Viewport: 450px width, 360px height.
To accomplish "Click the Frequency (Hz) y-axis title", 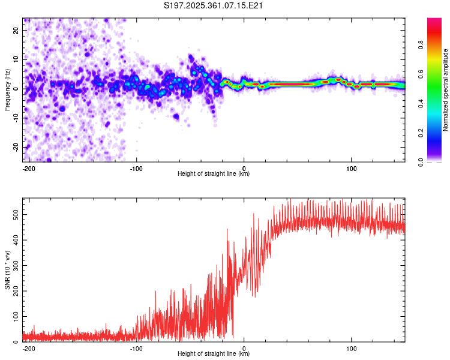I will coord(7,90).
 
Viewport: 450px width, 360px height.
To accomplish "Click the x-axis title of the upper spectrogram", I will coord(214,174).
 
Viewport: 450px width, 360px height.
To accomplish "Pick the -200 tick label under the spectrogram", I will coord(28,167).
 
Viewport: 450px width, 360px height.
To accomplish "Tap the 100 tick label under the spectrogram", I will coord(352,167).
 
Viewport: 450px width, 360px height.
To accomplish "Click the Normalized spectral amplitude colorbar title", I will coord(446,90).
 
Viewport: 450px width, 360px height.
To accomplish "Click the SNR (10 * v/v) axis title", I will coord(7,269).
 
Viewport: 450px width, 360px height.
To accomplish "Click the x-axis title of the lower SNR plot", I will coord(214,354).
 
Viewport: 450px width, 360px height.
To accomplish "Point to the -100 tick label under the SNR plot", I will coord(136,347).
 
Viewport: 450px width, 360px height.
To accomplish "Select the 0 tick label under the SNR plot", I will coord(244,347).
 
